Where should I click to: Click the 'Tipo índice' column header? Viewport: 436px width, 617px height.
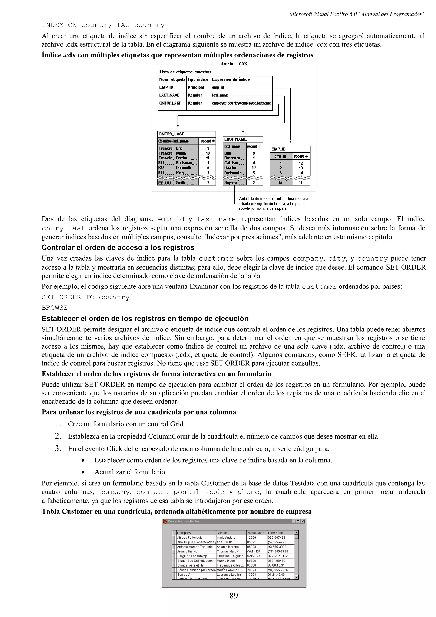(198, 80)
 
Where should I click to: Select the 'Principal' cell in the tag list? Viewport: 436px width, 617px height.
(196, 87)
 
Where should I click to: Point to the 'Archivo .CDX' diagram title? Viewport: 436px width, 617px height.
(234, 64)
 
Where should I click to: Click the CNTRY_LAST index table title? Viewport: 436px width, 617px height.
(171, 134)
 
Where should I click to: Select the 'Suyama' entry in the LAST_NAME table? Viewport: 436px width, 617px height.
(231, 183)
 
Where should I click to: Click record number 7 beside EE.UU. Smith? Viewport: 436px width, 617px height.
(208, 183)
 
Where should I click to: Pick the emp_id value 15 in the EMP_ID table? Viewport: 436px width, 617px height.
(280, 183)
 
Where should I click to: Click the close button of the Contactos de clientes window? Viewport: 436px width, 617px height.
(303, 522)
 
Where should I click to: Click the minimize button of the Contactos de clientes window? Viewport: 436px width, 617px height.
(294, 522)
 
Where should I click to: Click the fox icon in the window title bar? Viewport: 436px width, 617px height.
(165, 522)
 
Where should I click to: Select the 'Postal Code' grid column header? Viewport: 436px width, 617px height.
(255, 533)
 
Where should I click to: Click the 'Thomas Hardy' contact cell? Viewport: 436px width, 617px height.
(227, 551)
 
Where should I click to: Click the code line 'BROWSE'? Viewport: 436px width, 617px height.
(55, 308)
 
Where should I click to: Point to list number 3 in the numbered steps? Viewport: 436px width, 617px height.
(58, 449)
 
